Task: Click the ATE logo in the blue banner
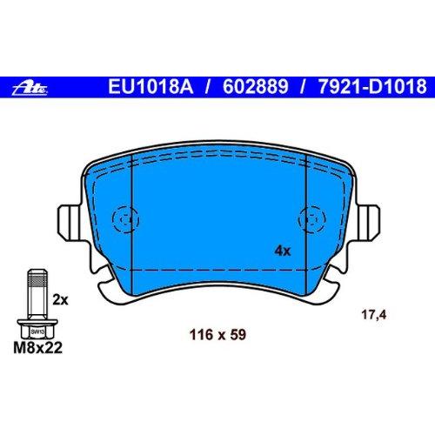(30, 89)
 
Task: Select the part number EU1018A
(151, 86)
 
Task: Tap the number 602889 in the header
(256, 86)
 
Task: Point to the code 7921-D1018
(372, 86)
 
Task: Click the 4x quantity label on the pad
(282, 251)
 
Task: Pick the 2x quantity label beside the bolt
(60, 300)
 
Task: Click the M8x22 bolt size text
(37, 347)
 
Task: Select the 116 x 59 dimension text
(217, 335)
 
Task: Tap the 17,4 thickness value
(374, 315)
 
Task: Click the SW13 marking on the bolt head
(37, 331)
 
